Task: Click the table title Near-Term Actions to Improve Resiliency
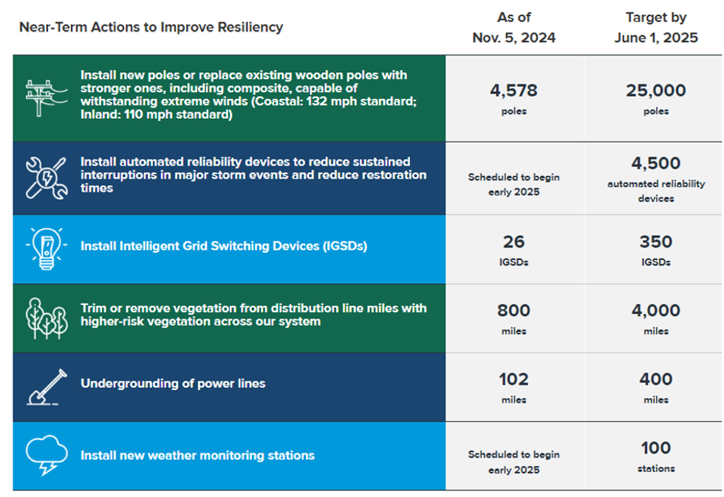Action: (151, 27)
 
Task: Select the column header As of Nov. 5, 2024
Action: (514, 27)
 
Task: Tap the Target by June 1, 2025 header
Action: (656, 27)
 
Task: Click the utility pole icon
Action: (46, 97)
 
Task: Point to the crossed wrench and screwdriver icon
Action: (46, 178)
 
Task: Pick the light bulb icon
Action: (46, 249)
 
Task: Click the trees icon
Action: (47, 318)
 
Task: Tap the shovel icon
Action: (47, 387)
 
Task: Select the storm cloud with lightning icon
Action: (47, 455)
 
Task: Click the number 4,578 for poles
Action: (514, 90)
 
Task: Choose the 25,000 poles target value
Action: (656, 90)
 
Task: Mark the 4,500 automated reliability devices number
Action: (656, 163)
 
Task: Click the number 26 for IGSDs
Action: (514, 241)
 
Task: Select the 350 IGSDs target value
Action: (656, 241)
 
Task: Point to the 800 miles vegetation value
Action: (514, 310)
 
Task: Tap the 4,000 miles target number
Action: (656, 310)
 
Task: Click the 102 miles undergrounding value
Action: (514, 380)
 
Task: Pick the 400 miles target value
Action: (656, 380)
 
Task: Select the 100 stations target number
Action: (656, 448)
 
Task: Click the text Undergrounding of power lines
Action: (173, 383)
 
